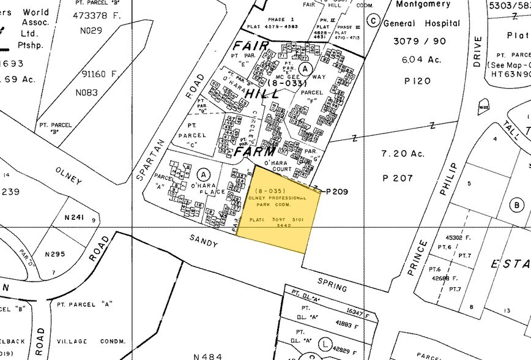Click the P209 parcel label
point(337,192)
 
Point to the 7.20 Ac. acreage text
point(403,154)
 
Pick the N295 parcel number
point(55,253)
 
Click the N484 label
point(206,356)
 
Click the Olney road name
point(68,174)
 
